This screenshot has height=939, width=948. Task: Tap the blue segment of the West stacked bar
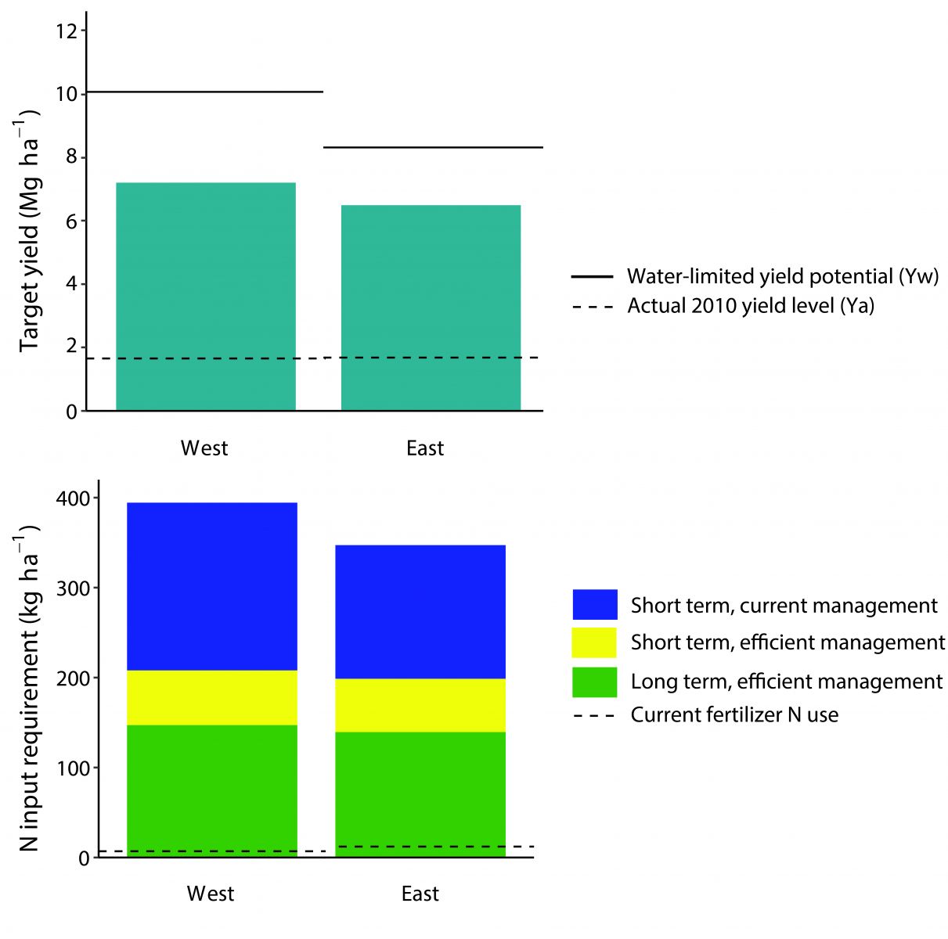[211, 587]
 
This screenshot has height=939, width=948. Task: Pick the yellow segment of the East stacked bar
[420, 705]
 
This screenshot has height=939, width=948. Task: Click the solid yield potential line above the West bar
[205, 92]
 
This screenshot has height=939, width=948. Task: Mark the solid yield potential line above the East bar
[433, 147]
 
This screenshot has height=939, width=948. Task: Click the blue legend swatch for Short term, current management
[595, 605]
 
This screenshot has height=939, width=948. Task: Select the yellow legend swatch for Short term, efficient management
[595, 642]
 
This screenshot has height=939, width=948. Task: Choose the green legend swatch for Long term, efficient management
[595, 682]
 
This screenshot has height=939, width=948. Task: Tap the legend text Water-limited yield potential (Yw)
[782, 276]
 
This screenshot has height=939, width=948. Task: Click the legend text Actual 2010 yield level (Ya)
[750, 305]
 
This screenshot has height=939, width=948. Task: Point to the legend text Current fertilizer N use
[734, 715]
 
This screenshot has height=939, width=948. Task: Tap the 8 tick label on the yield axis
[71, 158]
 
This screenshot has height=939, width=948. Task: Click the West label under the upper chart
[204, 448]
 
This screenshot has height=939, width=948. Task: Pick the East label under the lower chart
[420, 894]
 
